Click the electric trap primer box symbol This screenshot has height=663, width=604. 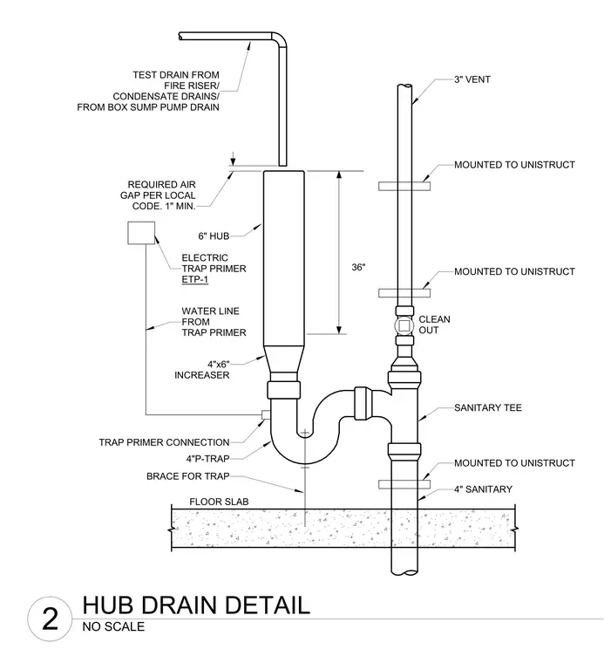pyautogui.click(x=141, y=233)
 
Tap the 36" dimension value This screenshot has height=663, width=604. pyautogui.click(x=358, y=267)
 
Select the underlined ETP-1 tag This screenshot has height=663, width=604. pyautogui.click(x=194, y=279)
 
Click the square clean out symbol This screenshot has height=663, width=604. pyautogui.click(x=404, y=325)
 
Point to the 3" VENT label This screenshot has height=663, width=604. pyautogui.click(x=472, y=79)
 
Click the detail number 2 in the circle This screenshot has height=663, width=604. pyautogui.click(x=51, y=619)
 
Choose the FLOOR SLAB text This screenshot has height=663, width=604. pyautogui.click(x=219, y=502)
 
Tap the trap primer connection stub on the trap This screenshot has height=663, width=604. pyautogui.click(x=266, y=414)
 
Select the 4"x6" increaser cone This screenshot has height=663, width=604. pyautogui.click(x=283, y=359)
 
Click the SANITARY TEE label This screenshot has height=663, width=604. pyautogui.click(x=488, y=407)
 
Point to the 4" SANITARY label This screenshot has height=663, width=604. pyautogui.click(x=483, y=489)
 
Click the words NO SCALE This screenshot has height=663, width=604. pyautogui.click(x=113, y=626)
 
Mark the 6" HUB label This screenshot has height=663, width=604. pyautogui.click(x=214, y=236)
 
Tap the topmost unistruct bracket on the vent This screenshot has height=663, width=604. pyautogui.click(x=404, y=186)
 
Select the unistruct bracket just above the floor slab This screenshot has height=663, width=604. pyautogui.click(x=404, y=484)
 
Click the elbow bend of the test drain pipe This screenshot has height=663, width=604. pyautogui.click(x=281, y=38)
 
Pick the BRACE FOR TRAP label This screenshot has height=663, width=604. pyautogui.click(x=188, y=476)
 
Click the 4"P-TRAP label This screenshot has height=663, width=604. pyautogui.click(x=207, y=459)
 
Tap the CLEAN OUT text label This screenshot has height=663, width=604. pyautogui.click(x=434, y=325)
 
